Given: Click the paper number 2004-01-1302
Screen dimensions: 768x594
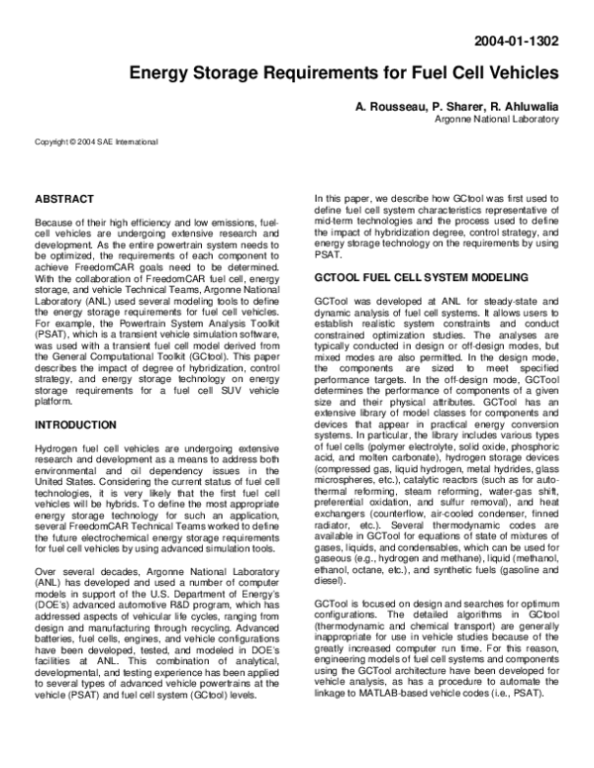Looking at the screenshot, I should point(518,43).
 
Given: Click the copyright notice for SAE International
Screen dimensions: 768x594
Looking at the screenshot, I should point(95,142).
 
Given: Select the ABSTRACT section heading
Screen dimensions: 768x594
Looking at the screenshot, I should point(64,199).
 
